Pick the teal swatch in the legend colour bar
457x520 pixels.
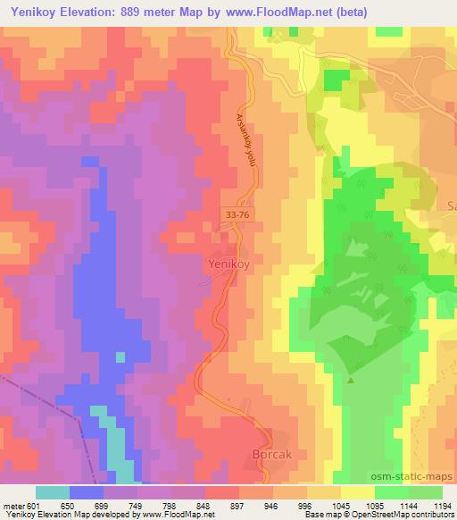[x=52, y=492]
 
